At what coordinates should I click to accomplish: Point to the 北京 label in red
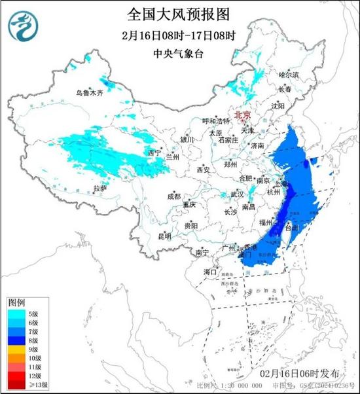(243, 114)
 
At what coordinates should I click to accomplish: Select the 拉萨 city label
(99, 188)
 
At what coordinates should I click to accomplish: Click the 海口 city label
(210, 271)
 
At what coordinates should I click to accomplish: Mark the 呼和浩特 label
(216, 121)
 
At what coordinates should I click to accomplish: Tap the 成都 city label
(173, 196)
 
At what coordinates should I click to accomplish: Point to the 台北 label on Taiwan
(294, 228)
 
